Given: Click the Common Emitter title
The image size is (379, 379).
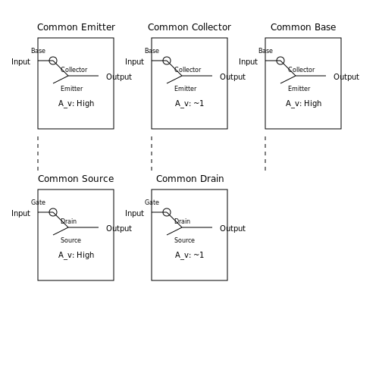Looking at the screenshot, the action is [x=76, y=27].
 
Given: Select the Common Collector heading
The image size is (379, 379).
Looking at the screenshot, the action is [x=189, y=27].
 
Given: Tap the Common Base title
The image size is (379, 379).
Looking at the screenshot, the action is [x=303, y=27].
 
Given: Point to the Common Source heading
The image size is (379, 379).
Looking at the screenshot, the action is [x=76, y=179].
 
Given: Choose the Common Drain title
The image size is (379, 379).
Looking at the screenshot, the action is [x=190, y=179].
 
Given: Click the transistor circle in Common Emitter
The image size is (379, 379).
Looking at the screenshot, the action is [x=53, y=57].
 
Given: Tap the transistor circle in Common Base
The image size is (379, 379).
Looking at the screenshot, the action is [x=280, y=57].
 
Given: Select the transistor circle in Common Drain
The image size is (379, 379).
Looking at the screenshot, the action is [x=167, y=208].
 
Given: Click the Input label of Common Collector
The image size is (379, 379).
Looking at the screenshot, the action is [x=134, y=61].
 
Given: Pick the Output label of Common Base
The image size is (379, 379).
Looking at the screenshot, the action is [x=346, y=77].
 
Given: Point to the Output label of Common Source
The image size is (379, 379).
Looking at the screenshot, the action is [x=119, y=228].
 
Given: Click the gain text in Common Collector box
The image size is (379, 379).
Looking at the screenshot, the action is [x=189, y=103].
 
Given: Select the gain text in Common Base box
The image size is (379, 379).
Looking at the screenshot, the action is [x=303, y=103].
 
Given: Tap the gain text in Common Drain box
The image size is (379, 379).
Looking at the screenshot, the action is [x=189, y=255].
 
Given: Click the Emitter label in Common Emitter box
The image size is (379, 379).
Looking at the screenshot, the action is [x=72, y=89].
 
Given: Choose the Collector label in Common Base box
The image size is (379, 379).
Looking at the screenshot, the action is [x=302, y=70].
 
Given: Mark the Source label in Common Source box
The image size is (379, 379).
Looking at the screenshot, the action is [x=70, y=240].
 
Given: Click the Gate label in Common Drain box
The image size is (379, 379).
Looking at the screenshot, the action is [x=152, y=202].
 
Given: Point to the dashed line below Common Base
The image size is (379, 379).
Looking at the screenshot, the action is [x=265, y=153].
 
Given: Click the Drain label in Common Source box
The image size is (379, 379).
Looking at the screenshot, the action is [x=69, y=221].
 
